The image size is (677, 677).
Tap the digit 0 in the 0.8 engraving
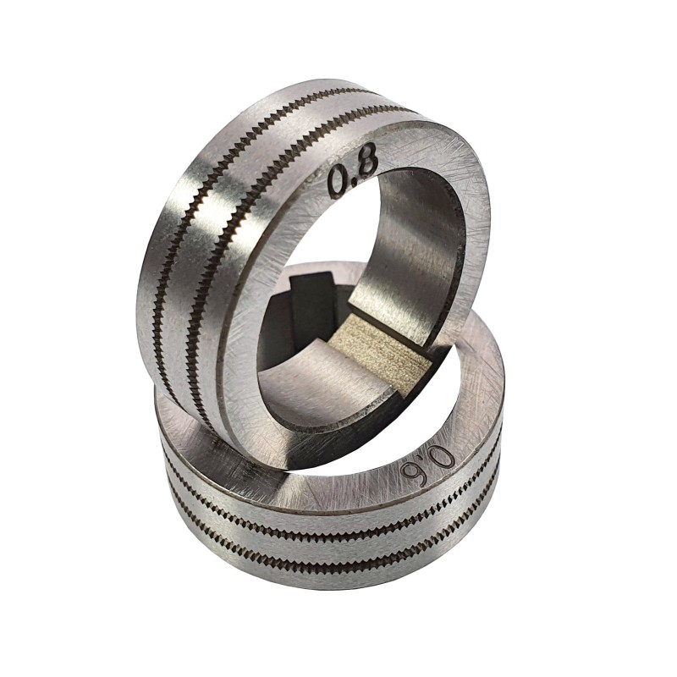click(339, 182)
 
